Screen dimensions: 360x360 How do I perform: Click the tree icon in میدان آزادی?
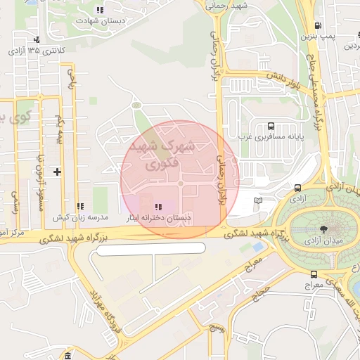[x=323, y=230]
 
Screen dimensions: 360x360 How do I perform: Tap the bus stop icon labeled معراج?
[x=314, y=274]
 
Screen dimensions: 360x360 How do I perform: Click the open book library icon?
[x=258, y=201]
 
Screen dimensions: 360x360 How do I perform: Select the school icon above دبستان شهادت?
[x=99, y=11]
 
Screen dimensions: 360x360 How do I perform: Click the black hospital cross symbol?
[x=57, y=172]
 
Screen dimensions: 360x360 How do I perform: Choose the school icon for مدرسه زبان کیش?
[x=79, y=207]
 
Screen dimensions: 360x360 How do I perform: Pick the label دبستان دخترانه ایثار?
[x=158, y=219]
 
